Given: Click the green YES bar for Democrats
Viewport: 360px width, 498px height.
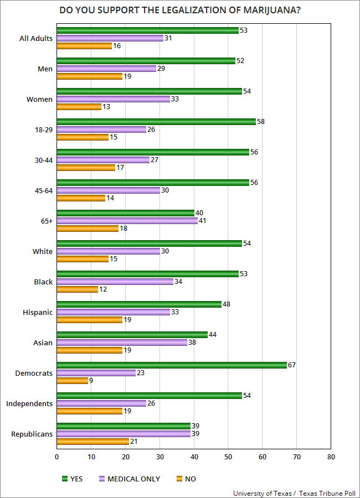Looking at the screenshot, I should [172, 365].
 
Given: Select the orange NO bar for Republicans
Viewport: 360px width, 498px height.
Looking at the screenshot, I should [92, 441].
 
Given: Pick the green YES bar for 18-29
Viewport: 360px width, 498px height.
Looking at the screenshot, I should [156, 121].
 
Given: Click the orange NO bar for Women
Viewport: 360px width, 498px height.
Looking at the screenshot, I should [79, 106].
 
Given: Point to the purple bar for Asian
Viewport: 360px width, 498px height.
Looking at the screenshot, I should [122, 342].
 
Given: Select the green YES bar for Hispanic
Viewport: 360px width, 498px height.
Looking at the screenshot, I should [139, 304].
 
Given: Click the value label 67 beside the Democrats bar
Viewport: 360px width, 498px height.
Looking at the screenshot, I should [291, 365].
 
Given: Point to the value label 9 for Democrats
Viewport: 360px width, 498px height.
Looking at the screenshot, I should [91, 380].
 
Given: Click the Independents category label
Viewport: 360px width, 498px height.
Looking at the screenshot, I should [29, 403].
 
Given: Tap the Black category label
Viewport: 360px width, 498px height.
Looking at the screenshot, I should [43, 282].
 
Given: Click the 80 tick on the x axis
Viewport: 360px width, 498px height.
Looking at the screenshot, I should [331, 457].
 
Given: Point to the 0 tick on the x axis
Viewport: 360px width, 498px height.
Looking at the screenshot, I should [57, 457].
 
